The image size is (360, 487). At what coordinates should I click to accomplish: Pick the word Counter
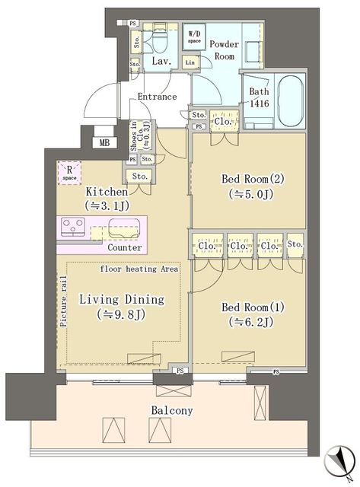[124, 247]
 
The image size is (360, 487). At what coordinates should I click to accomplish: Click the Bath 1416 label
[259, 97]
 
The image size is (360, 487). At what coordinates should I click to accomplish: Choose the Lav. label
[160, 61]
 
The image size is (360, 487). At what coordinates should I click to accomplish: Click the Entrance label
[158, 97]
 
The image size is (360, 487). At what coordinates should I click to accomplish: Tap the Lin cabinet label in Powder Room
[190, 62]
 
